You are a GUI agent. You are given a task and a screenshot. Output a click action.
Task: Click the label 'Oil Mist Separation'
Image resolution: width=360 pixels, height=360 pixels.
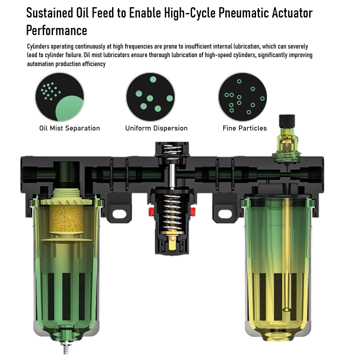(x=70, y=128)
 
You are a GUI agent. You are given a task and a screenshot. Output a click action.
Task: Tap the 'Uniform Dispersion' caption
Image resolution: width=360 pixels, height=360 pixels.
(x=156, y=128)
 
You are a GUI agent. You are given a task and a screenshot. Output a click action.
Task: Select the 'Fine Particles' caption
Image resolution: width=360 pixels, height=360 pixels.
(x=245, y=128)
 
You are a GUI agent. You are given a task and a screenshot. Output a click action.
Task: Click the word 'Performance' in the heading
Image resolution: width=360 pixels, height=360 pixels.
(x=57, y=31)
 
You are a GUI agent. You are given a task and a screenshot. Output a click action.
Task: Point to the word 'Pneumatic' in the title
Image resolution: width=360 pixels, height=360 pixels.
(x=243, y=13)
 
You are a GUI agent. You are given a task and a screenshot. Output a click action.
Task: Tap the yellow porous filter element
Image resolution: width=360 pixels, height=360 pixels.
(x=66, y=218)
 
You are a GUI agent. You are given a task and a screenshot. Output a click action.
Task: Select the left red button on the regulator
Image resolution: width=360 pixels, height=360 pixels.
(x=151, y=211)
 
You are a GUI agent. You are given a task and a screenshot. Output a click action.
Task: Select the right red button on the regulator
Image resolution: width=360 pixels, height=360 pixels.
(x=193, y=211)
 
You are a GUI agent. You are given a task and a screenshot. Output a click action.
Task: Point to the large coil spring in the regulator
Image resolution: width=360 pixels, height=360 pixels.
(x=172, y=212)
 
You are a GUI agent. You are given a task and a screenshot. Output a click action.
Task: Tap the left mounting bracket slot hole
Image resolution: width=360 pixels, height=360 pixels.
(x=119, y=214)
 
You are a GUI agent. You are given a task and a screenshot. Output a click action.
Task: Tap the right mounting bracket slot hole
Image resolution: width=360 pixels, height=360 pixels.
(x=225, y=214)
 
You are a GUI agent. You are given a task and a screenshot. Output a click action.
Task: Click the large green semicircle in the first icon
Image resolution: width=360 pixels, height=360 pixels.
(x=70, y=108)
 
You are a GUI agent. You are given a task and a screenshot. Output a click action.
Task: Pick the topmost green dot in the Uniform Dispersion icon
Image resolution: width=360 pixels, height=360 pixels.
(x=153, y=80)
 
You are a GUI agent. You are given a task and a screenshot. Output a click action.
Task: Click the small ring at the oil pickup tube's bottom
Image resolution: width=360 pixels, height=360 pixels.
(x=286, y=310)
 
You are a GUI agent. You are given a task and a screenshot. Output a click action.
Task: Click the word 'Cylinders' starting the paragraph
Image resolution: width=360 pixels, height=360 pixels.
(x=38, y=47)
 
